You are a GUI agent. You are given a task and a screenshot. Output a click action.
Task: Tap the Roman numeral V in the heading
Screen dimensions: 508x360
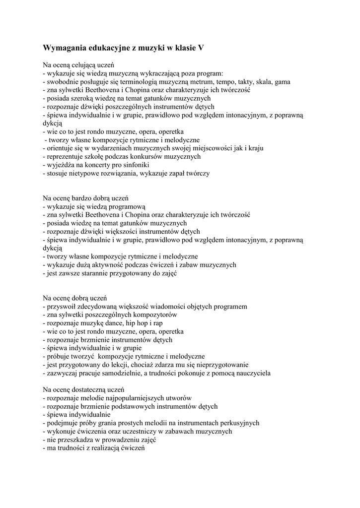pos(201,48)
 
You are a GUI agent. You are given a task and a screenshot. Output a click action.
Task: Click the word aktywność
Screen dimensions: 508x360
pos(109,265)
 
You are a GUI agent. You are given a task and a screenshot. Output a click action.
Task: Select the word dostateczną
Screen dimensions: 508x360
pos(89,390)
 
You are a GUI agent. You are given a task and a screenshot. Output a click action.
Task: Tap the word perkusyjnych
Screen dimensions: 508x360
pos(235,423)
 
